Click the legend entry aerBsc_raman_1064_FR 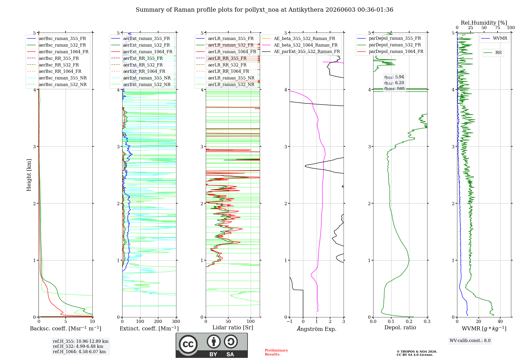click(x=58, y=52)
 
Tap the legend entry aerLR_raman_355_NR click(x=225, y=78)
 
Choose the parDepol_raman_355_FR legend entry click(x=389, y=38)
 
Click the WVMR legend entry click(x=494, y=38)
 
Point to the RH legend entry click(x=493, y=53)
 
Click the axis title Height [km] click(x=29, y=175)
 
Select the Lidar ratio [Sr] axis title click(x=233, y=327)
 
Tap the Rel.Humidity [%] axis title click(x=484, y=23)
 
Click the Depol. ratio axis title click(x=400, y=327)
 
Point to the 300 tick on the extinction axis click(x=176, y=321)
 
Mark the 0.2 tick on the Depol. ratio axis click(x=409, y=321)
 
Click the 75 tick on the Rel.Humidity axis click(x=498, y=28)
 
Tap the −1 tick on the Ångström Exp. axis click(x=289, y=321)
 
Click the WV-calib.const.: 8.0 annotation click(x=470, y=340)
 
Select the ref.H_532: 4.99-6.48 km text click(x=78, y=346)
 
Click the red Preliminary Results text click(x=276, y=352)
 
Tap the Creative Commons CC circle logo click(x=188, y=344)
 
